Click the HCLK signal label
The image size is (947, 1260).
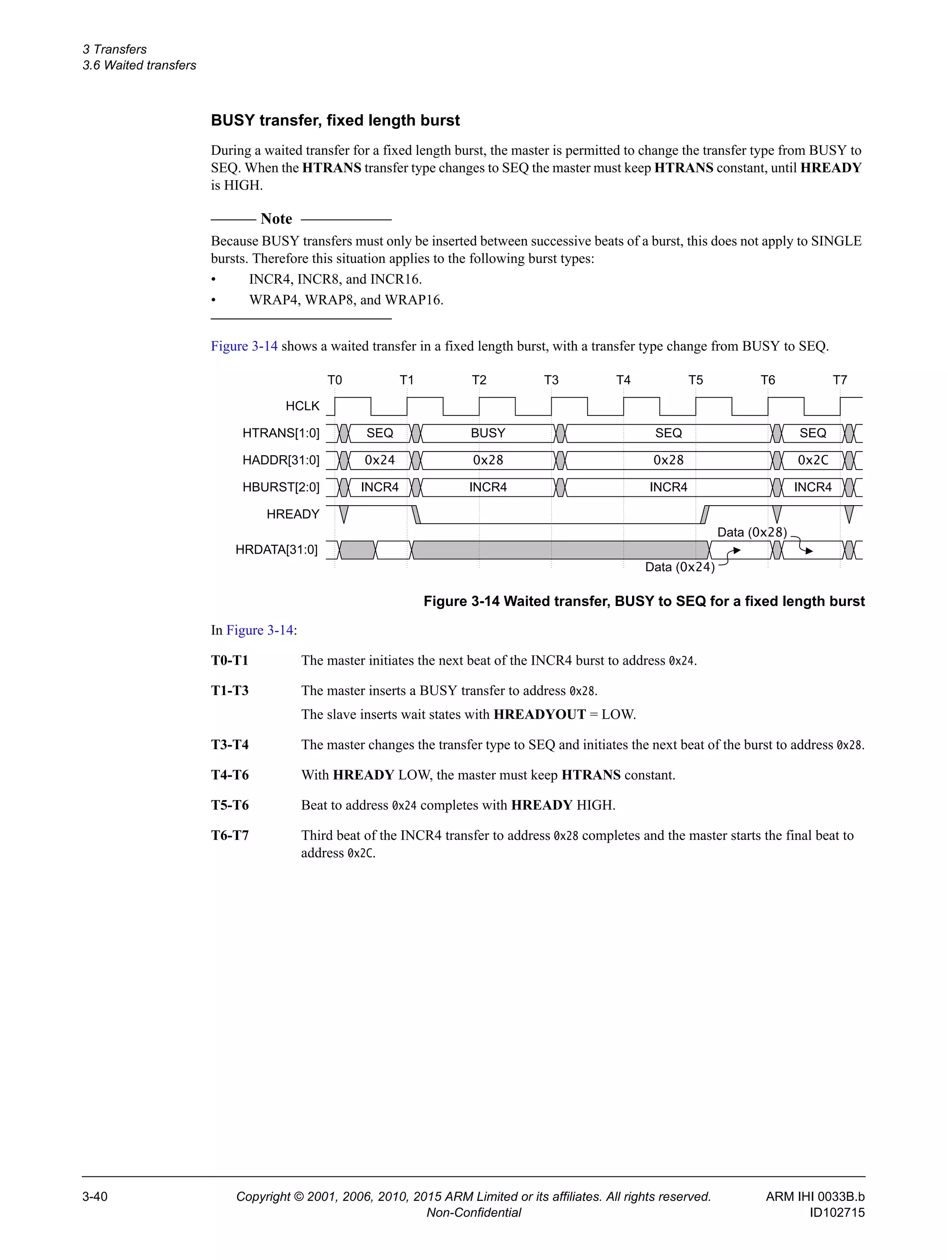click(302, 406)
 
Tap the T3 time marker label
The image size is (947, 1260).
click(551, 380)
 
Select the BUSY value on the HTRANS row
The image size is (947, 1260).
click(488, 433)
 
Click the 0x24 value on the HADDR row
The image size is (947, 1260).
click(380, 460)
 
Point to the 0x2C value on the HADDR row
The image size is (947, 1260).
click(812, 460)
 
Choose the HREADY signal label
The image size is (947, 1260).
click(293, 514)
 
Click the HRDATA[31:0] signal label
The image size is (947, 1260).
click(277, 550)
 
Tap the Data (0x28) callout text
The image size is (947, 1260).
click(751, 532)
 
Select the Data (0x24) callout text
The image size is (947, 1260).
click(679, 567)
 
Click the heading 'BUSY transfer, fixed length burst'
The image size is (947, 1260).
click(335, 121)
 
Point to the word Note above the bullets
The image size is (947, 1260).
click(277, 219)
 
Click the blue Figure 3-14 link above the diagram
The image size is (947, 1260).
click(244, 346)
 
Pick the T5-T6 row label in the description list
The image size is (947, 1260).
click(230, 805)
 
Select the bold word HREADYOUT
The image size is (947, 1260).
click(539, 714)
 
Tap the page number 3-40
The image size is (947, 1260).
click(95, 1197)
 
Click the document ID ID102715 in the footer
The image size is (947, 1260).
click(836, 1213)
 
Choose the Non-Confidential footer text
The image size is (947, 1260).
click(473, 1213)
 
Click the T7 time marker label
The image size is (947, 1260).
click(839, 380)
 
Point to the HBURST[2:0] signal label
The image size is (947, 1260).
click(281, 488)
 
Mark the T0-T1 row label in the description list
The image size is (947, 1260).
click(230, 661)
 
